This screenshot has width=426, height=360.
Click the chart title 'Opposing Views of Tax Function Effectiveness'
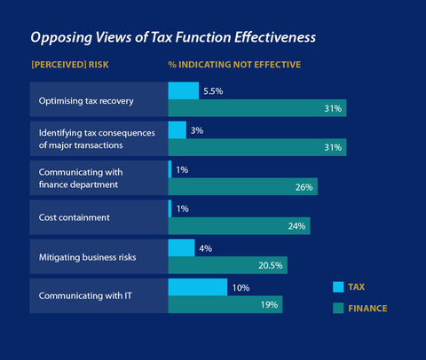[x=174, y=38]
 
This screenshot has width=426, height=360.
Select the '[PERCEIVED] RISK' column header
[x=68, y=66]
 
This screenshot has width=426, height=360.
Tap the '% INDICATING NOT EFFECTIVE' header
[x=234, y=66]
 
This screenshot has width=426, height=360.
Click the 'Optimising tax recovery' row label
[x=86, y=100]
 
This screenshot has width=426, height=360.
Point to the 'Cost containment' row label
[x=70, y=217]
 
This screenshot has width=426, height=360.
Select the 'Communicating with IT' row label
[x=83, y=295]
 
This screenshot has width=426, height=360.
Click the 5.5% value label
[x=214, y=91]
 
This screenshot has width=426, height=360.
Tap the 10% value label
[x=240, y=287]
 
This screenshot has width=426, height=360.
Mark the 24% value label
[x=296, y=226]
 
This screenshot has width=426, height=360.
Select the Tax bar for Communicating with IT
[x=197, y=287]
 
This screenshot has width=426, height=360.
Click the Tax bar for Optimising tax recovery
[x=183, y=90]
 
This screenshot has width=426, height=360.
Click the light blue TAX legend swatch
[x=338, y=286]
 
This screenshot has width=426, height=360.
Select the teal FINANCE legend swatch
[x=338, y=309]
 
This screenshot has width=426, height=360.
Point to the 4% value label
[x=206, y=248]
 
